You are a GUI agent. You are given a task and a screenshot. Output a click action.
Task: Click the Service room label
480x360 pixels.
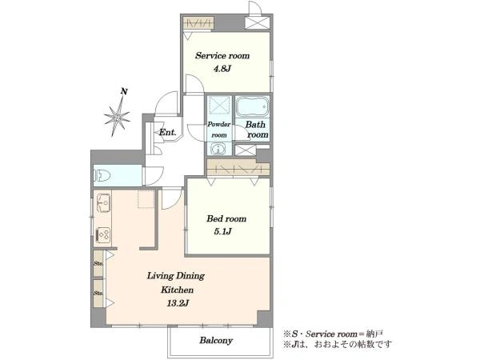click(222, 56)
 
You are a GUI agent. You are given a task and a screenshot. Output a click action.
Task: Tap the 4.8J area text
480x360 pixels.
click(222, 69)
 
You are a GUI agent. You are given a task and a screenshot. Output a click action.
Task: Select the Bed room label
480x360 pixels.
click(226, 218)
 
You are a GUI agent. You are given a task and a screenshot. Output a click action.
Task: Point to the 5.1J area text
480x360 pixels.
click(222, 231)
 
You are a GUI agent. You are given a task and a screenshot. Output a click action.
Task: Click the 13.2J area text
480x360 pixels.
click(178, 303)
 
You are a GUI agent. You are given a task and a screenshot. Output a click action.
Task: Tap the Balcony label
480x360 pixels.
click(216, 341)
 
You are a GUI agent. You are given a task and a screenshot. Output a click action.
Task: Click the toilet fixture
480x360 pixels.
click(102, 176)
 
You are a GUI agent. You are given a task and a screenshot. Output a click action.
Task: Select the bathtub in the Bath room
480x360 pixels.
click(252, 107)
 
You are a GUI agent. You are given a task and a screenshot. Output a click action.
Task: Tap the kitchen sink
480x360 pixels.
click(103, 203)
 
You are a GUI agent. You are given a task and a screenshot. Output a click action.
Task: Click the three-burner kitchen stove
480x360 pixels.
click(103, 235)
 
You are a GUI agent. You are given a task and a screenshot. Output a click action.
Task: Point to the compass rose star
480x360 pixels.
click(117, 116)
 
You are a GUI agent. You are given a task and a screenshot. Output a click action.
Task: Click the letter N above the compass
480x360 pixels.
click(124, 91)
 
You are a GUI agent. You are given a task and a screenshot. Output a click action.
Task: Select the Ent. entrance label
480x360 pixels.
click(168, 133)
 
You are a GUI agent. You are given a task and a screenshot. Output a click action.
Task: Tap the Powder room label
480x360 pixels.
click(219, 130)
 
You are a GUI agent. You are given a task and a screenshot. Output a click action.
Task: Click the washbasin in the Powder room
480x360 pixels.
click(218, 149)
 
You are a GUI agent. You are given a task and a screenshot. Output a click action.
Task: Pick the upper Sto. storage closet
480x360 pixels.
click(98, 263)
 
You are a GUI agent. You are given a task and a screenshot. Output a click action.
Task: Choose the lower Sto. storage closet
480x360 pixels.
click(98, 293)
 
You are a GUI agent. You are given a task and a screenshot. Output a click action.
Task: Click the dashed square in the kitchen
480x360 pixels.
click(146, 199)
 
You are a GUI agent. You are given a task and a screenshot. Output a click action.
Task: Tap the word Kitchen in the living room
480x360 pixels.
click(178, 290)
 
